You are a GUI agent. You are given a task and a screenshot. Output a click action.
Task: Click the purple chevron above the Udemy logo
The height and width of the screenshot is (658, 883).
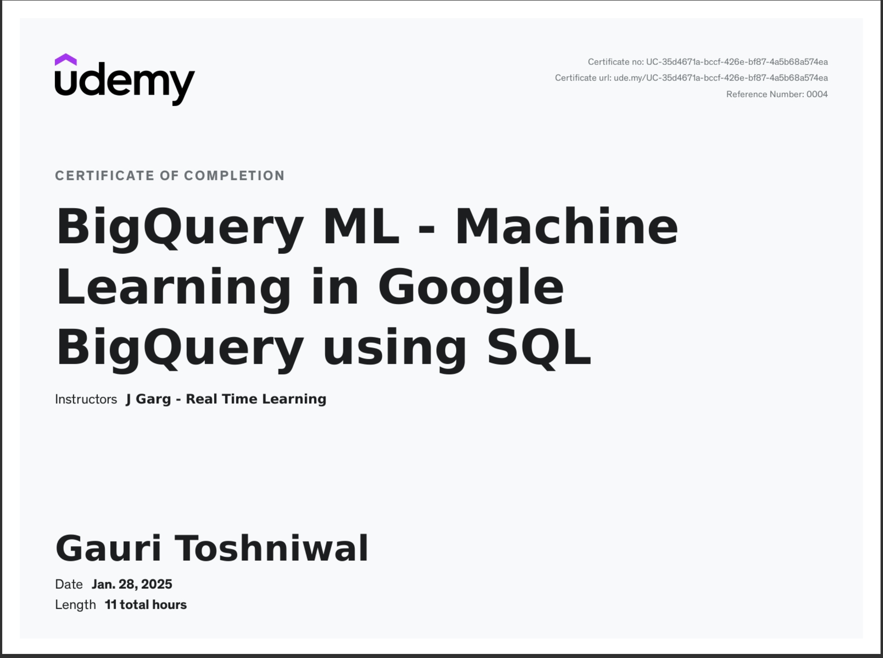coord(66,59)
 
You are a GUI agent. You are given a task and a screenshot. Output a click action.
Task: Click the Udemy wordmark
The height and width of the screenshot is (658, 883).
coord(125,82)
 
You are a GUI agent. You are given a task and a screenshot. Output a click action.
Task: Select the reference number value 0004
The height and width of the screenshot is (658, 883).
coord(817,94)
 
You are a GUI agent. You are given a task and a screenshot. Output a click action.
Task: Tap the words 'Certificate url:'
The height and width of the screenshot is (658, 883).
coord(583,78)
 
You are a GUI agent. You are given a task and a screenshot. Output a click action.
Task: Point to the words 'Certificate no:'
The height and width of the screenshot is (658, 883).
coord(616,62)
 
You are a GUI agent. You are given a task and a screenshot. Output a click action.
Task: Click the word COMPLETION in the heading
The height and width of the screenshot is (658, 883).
coord(234,176)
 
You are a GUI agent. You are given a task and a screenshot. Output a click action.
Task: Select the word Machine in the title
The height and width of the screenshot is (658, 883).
coord(566,227)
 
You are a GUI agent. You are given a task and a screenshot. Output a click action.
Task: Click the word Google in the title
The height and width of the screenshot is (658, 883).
coord(471,287)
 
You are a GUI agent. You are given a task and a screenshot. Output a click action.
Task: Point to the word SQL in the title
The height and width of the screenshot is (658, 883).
coord(539,347)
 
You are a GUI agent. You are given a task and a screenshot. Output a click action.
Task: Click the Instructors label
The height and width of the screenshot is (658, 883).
coord(86,399)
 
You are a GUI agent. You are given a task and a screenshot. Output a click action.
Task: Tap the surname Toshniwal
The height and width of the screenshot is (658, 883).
coord(272,548)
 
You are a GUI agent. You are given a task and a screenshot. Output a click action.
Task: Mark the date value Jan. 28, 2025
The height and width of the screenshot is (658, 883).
coord(132,584)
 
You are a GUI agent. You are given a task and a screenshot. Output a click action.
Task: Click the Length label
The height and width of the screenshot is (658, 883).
coord(75,605)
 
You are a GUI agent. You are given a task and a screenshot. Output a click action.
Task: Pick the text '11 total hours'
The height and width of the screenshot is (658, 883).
coord(146,605)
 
